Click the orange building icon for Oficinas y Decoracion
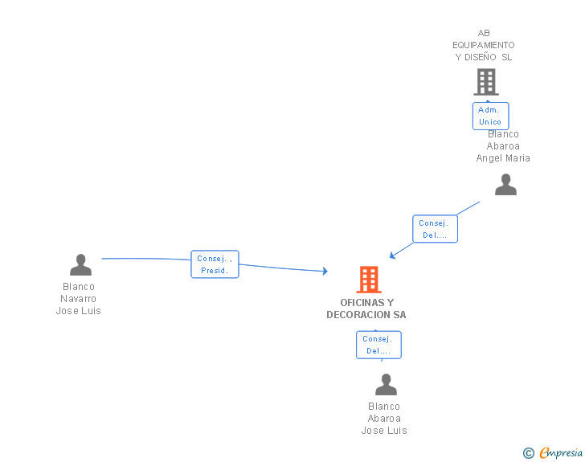[369, 279]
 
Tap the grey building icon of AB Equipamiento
[486, 82]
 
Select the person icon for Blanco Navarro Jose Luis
[80, 264]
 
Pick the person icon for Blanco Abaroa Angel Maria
[505, 184]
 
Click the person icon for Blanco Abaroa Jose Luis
[386, 384]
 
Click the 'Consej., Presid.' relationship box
[215, 264]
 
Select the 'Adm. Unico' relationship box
[490, 116]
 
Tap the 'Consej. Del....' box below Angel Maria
[435, 229]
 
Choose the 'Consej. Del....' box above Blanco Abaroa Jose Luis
[378, 345]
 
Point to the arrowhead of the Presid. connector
[325, 271]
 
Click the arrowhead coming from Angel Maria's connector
[392, 256]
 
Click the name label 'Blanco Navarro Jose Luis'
[79, 299]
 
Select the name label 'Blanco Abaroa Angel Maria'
[503, 146]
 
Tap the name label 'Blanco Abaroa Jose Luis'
[384, 419]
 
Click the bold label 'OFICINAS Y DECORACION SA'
[366, 309]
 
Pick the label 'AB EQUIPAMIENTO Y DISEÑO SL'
[484, 45]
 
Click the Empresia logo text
[561, 452]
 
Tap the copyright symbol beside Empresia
[528, 453]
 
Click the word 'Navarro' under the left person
[79, 299]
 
